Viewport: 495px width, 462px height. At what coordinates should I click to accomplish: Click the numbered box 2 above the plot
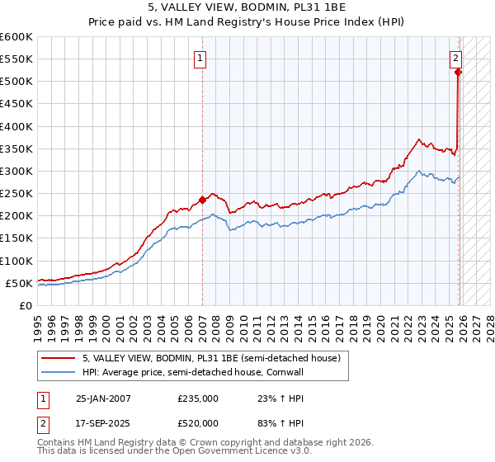[x=455, y=58]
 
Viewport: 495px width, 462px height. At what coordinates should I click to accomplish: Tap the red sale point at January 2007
[x=202, y=200]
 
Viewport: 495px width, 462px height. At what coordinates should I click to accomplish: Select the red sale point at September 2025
[x=459, y=72]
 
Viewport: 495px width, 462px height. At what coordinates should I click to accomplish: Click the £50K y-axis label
[x=19, y=283]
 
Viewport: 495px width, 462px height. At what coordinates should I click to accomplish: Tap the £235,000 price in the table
[x=198, y=398]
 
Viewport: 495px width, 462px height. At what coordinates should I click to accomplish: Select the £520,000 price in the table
[x=198, y=423]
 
